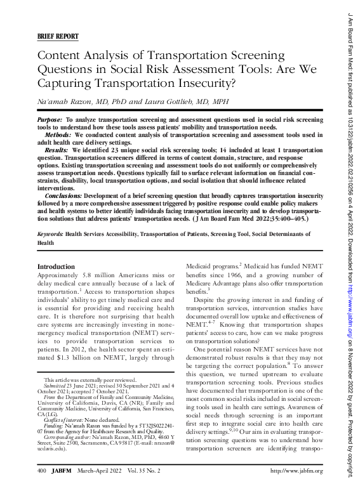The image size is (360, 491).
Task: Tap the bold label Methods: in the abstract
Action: point(58,134)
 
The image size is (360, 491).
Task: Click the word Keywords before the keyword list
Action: point(50,234)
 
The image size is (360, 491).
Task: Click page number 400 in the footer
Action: point(42,471)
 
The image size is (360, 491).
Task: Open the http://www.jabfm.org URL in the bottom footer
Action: point(297,471)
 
